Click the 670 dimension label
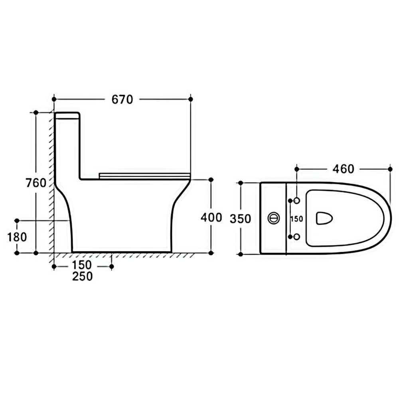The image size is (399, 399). coord(122,99)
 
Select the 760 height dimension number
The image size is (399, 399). coord(36,183)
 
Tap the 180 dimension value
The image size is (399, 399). coord(17,237)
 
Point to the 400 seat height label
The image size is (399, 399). coord(211,217)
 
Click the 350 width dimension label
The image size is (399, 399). coord(240,219)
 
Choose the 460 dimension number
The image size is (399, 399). coord(343,169)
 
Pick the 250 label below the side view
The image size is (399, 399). coord(83,277)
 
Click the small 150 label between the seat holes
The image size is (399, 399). coord(297,219)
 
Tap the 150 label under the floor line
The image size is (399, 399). coord(82,265)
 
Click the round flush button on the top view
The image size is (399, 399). coord(274,218)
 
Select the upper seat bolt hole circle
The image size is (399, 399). coord(297,201)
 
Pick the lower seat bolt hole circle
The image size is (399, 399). coord(297,237)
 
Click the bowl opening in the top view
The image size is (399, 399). coord(324,218)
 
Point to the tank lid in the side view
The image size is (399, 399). coord(67,116)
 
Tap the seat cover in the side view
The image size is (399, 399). coord(144,175)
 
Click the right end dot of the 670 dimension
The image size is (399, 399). coord(191,99)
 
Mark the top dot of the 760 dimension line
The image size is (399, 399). coord(36,112)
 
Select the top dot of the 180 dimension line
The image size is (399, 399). coord(17,220)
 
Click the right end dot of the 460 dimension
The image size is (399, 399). coord(390,169)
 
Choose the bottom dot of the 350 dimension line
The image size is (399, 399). coord(241,254)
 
